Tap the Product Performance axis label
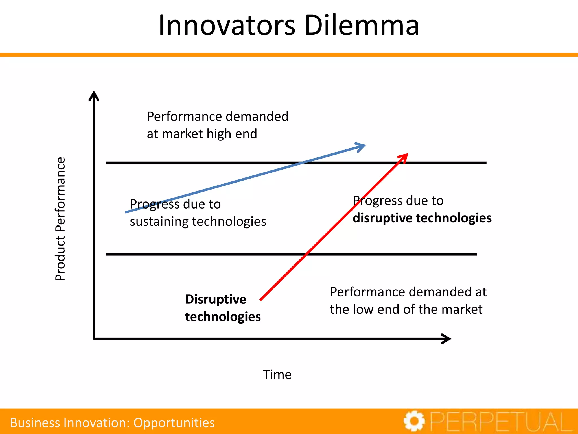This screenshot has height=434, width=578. point(60,219)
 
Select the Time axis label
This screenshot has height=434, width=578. point(277,374)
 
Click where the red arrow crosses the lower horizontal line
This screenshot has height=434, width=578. point(306,255)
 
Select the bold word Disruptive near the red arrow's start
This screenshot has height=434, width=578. point(216,300)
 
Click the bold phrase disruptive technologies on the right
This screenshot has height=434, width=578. point(422,218)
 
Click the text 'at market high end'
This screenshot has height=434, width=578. point(202,134)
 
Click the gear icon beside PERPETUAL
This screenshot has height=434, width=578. point(414,421)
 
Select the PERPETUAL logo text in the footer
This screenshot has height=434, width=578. point(501,422)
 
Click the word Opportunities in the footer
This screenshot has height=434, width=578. point(174,423)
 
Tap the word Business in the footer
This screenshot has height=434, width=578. point(35,423)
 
